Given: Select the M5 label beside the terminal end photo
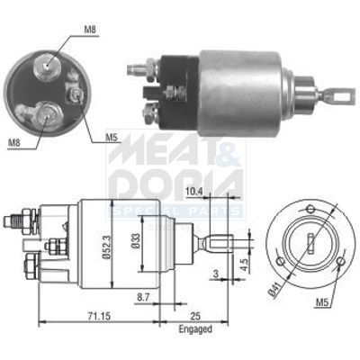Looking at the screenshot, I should (112, 137).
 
